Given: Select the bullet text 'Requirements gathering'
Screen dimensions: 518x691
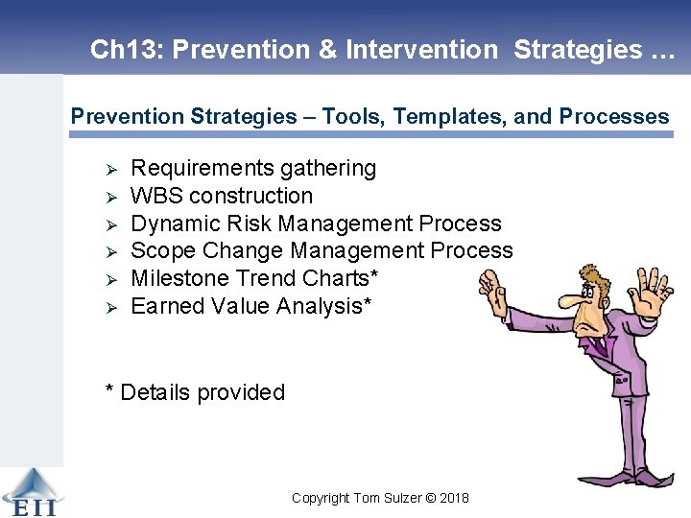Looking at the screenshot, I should pos(253,169).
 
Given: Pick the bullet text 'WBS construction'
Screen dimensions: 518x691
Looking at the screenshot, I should pos(222,196).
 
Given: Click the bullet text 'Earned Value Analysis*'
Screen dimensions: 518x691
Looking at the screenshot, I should pos(251,306).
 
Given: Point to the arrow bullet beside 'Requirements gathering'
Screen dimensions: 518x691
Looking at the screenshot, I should pos(110,170).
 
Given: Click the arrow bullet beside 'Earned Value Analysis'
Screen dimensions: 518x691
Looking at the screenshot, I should pos(110,307).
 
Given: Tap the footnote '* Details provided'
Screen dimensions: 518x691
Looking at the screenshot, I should pos(195,392).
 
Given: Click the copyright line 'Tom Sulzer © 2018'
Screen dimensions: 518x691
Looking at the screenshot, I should pos(380,498).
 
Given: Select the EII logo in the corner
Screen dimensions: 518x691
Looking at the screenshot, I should pos(31,491).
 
